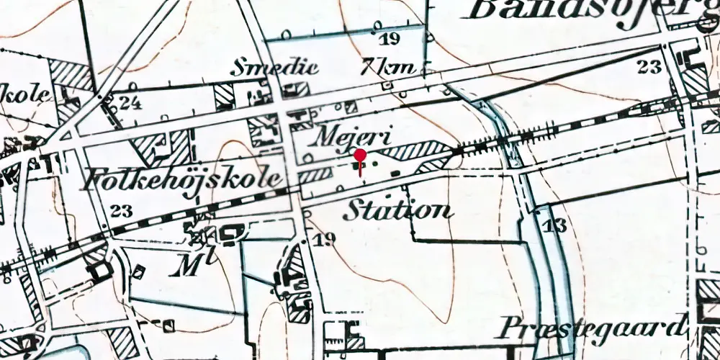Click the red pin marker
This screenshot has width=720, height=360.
[360, 156]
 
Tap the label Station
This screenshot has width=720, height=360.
[398, 210]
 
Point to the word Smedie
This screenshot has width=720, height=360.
[264, 68]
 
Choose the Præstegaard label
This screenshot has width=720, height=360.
[589, 328]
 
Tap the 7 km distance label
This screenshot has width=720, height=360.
[390, 68]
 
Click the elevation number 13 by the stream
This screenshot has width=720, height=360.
[555, 225]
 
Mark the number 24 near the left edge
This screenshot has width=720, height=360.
[130, 102]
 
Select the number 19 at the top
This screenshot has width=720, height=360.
[392, 39]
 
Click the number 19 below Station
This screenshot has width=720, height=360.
[325, 239]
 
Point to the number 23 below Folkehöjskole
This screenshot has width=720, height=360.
[122, 211]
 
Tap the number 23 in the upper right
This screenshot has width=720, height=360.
[649, 67]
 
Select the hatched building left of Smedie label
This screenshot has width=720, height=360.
[224, 96]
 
